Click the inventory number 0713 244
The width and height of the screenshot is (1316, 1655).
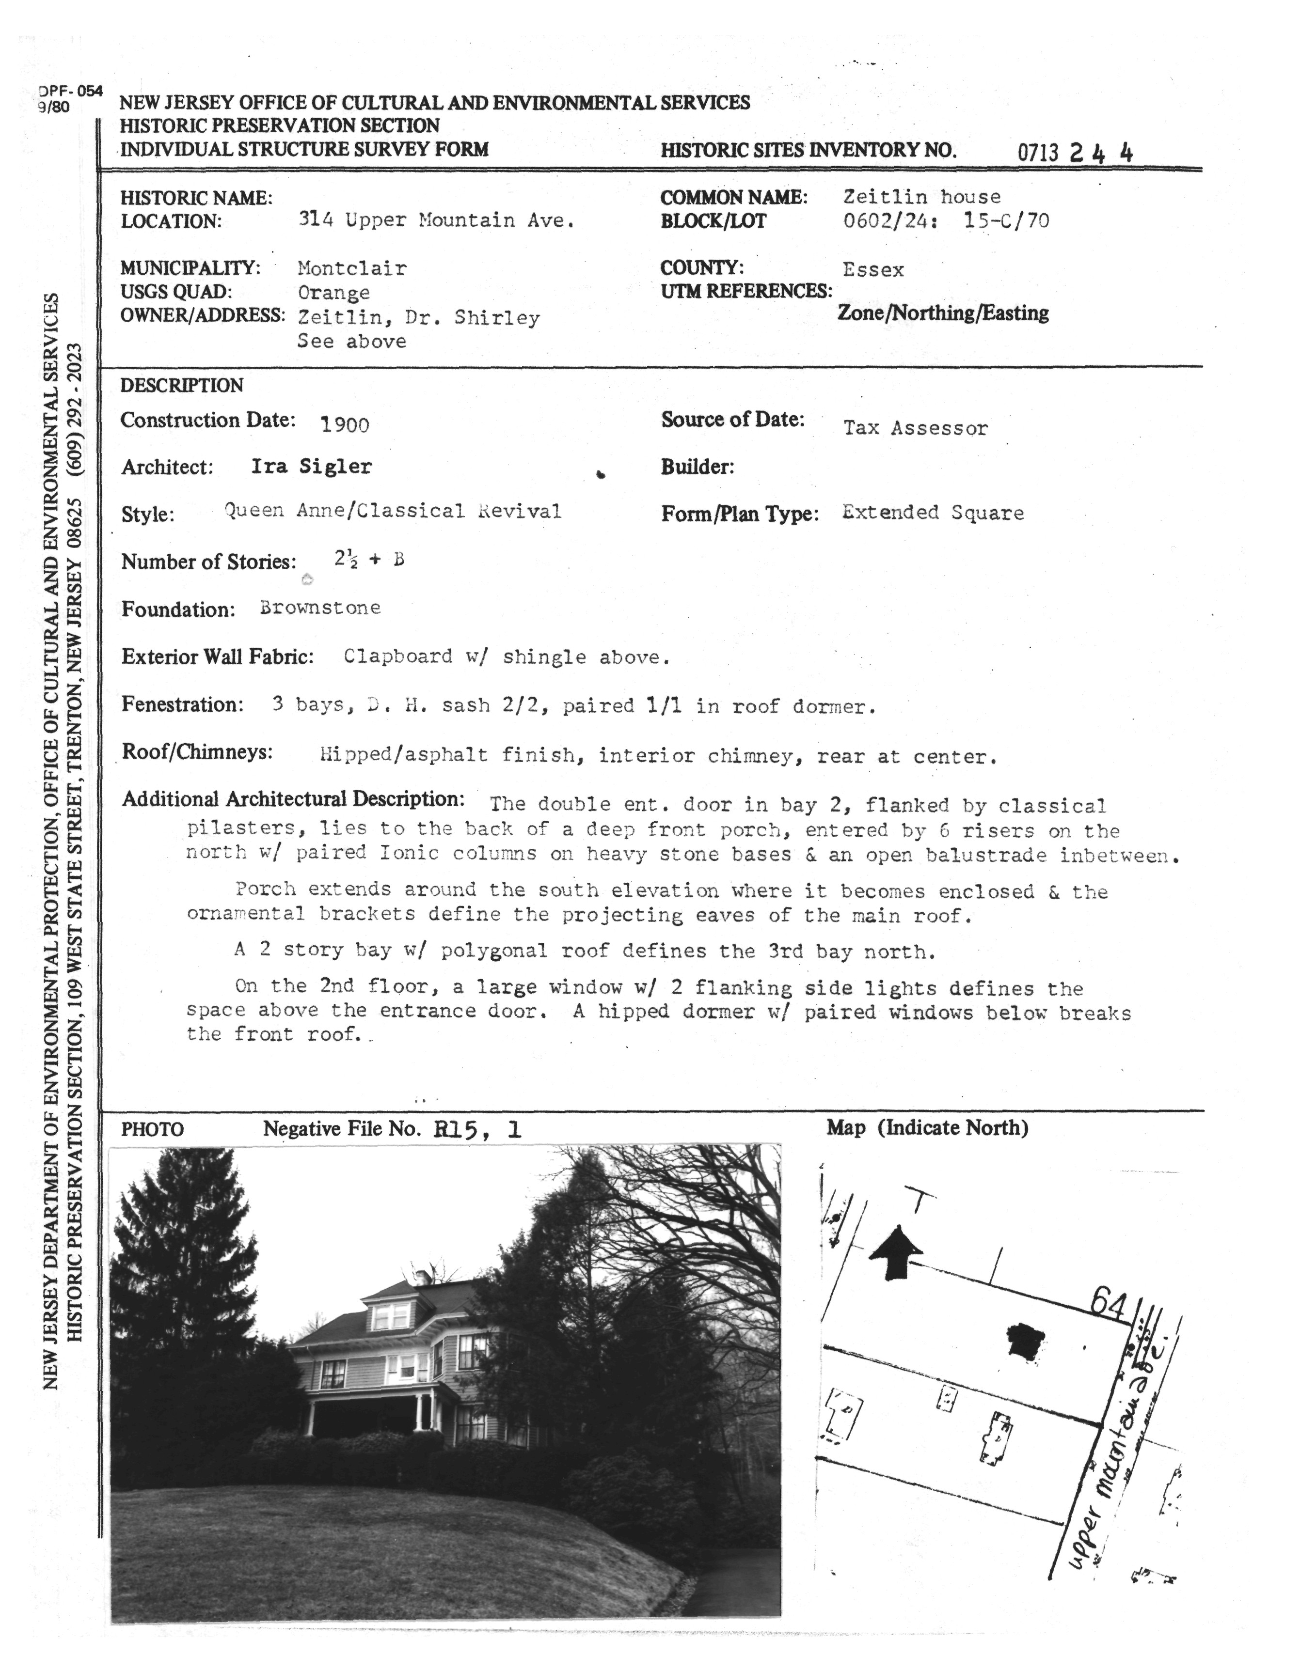click(x=1075, y=152)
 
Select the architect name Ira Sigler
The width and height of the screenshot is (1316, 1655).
click(x=312, y=466)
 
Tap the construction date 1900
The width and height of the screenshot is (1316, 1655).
click(x=345, y=424)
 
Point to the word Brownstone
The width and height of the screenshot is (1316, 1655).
click(x=320, y=608)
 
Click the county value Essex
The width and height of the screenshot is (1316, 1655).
click(x=873, y=269)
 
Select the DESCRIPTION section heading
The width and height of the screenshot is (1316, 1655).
click(x=182, y=385)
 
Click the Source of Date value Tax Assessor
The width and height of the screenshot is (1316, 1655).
click(x=915, y=428)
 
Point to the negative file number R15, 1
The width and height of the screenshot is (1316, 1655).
click(x=477, y=1129)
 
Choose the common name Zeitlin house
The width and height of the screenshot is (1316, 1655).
click(x=922, y=197)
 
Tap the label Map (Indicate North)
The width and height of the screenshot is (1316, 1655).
click(x=927, y=1128)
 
